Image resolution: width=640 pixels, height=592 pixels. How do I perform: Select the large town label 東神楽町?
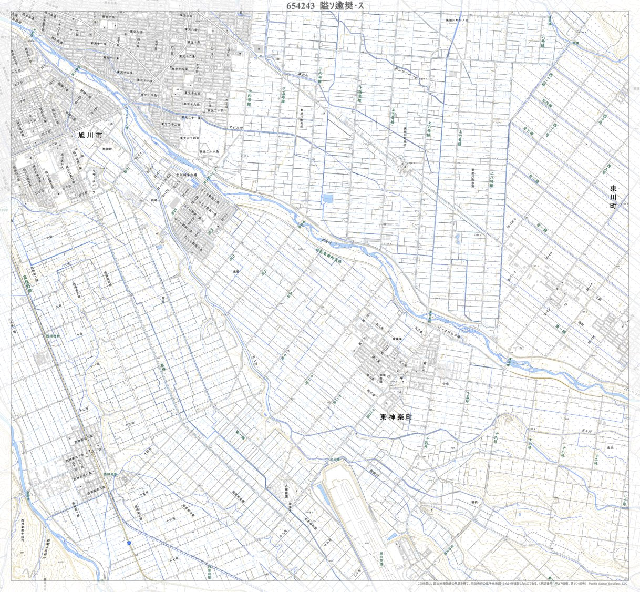tap(397, 416)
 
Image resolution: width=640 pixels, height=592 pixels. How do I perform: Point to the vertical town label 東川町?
tap(613, 197)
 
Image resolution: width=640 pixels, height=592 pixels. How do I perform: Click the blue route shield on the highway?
tap(129, 542)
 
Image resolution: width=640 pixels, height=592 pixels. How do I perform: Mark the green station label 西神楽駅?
tap(110, 474)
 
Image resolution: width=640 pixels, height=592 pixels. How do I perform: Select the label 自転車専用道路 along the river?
tap(328, 256)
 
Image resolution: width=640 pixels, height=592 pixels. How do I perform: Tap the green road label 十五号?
tap(466, 397)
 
